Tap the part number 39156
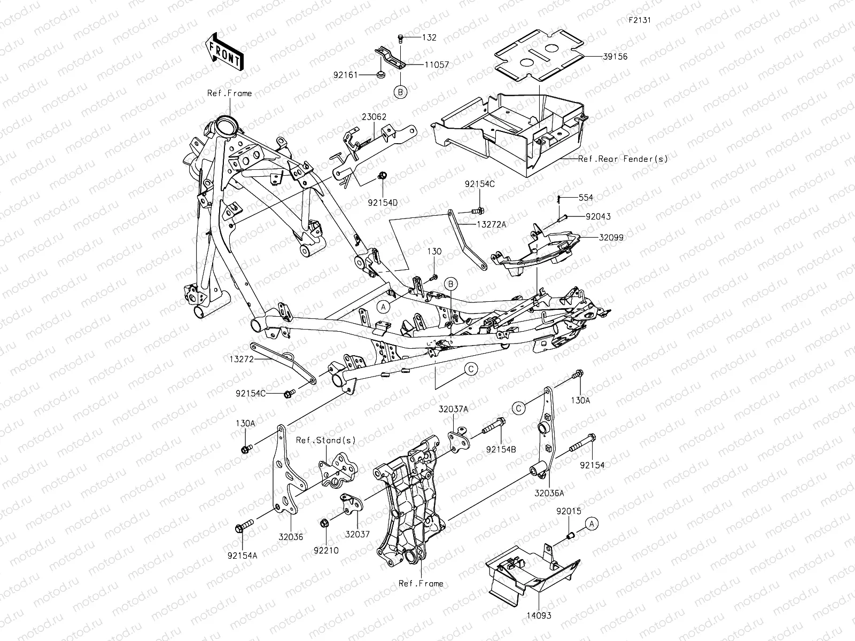pos(601,56)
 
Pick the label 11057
pos(437,65)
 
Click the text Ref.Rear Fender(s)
pos(623,159)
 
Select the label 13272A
pos(491,224)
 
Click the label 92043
pos(597,217)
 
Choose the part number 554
pos(585,198)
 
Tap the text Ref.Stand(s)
pos(326,440)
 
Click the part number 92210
pos(326,550)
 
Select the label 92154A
pos(242,555)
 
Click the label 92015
pos(569,511)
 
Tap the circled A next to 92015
pos(591,524)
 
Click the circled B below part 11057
pos(415,92)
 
